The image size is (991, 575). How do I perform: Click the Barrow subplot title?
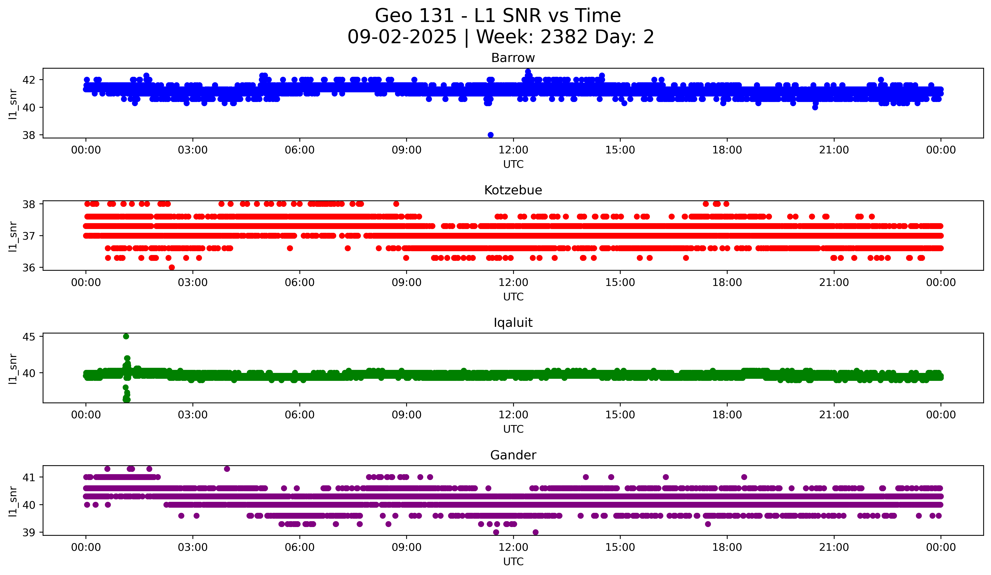513,58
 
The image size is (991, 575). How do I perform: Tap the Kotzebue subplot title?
513,190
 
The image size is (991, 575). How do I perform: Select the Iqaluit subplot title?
513,323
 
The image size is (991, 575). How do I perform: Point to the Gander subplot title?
513,455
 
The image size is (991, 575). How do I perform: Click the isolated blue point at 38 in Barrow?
490,135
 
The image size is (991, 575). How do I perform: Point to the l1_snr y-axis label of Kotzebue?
13,236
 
